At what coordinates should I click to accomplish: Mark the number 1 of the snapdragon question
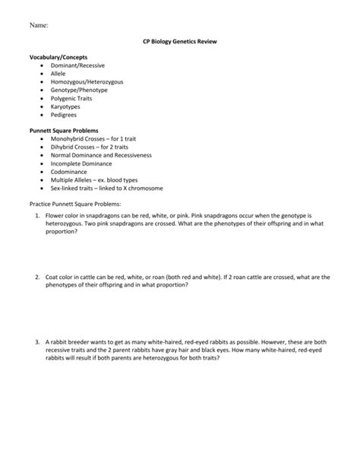click(36, 216)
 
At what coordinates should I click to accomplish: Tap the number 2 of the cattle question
click(36, 277)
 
